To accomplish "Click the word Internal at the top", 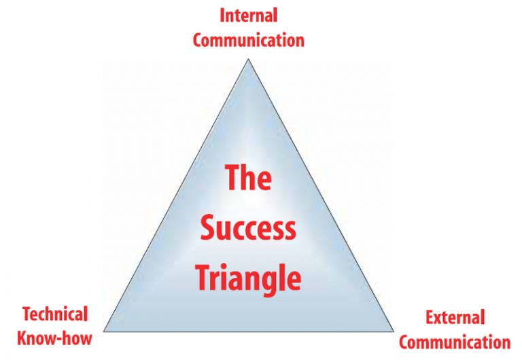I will pos(248,15).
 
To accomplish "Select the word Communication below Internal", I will pos(248,39).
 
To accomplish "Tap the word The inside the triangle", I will pos(248,178).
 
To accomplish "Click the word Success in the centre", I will pos(248,229).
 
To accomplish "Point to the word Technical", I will pos(55,314).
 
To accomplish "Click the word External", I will pos(455,317).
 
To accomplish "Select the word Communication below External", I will pos(454,341).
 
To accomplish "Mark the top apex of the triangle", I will pos(248,59).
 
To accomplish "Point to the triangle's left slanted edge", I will pos(176,196).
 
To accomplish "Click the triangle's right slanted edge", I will pos(321,196).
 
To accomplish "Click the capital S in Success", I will pos(207,229).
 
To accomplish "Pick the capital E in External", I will pos(430,317).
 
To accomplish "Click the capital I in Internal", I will pos(222,15).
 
